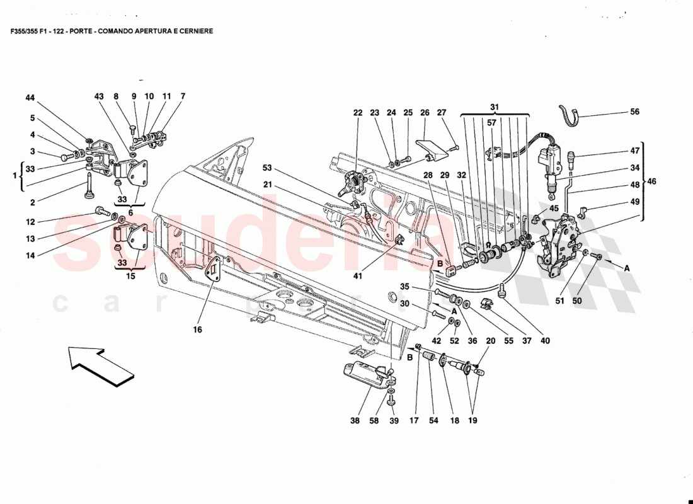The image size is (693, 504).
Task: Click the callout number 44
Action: pos(30,98)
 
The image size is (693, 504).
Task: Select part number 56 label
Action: pos(634,112)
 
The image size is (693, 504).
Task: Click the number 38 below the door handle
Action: pos(355,420)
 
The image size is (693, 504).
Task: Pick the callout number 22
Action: pos(358,113)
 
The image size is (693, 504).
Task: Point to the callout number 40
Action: pos(545,341)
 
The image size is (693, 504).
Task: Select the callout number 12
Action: pos(30,222)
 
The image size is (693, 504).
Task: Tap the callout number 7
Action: pos(183,96)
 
